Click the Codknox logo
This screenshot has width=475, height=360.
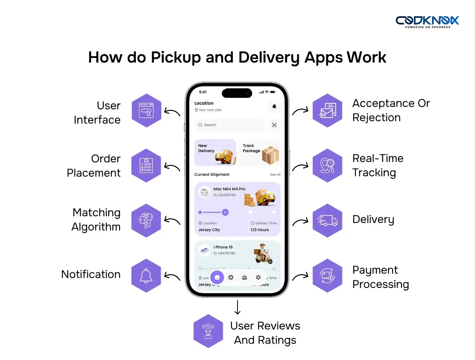427,21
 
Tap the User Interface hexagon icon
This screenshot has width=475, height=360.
146,110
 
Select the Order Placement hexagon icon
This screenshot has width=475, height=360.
146,166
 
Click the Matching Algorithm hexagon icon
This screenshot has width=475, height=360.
146,221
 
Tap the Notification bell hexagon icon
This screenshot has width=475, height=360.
146,276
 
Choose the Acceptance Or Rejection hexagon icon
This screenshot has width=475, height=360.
327,110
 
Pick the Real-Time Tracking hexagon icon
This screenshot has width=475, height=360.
327,166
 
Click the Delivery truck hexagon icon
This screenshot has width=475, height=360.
327,221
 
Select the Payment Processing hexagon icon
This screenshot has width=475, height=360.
327,276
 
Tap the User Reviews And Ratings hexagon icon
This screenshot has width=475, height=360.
208,331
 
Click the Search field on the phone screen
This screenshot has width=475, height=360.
230,125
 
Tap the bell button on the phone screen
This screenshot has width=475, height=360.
274,106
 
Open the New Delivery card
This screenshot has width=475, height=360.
215,152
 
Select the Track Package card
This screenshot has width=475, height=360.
260,152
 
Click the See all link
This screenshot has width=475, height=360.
275,175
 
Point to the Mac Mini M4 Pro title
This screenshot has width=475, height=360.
229,189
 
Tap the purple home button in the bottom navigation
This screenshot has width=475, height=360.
217,277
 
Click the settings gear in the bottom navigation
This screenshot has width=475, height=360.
258,277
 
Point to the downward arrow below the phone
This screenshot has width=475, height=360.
237,307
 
